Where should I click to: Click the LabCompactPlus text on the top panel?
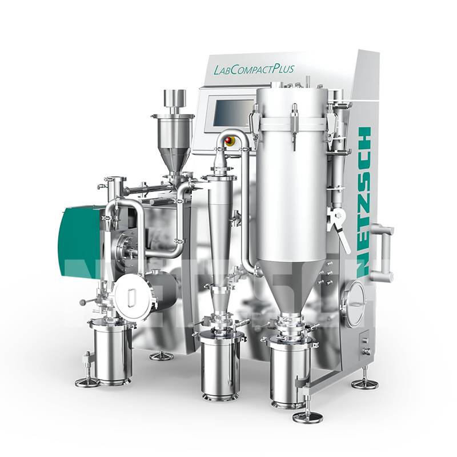[253, 70]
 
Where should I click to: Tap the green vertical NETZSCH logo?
[363, 202]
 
